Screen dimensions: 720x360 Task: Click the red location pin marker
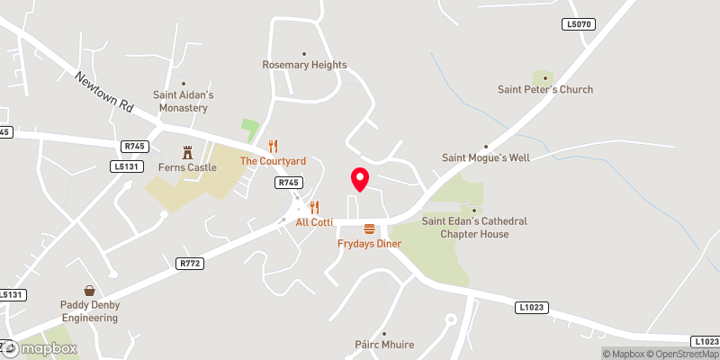(359, 179)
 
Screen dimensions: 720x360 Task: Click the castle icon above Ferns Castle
(188, 152)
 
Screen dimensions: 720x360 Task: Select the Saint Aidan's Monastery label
(183, 101)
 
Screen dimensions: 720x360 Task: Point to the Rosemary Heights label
(304, 65)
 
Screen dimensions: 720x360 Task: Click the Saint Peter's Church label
(545, 89)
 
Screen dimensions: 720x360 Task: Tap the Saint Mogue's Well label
(486, 157)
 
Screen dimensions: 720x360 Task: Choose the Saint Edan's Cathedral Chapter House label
(474, 228)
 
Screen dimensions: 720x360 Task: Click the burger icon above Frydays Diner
(369, 229)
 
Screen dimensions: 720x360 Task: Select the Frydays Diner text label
(369, 244)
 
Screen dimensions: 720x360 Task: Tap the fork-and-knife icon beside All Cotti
(314, 207)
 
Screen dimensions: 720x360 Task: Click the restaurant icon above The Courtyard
(274, 146)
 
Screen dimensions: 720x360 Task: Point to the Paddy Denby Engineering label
(90, 310)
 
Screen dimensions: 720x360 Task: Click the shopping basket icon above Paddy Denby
(90, 291)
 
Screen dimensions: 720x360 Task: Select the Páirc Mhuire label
(384, 344)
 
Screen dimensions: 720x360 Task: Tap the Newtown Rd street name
(103, 93)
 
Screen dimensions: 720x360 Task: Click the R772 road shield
(188, 263)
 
